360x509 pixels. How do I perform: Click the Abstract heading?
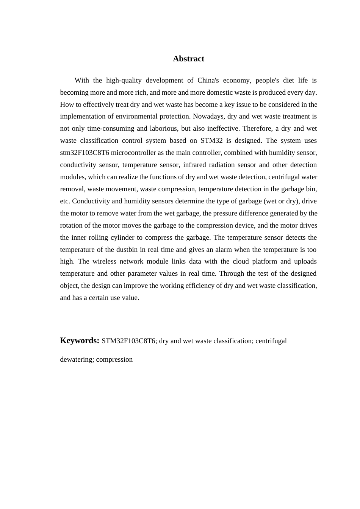pos(188,59)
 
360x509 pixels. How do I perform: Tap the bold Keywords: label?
pos(80,340)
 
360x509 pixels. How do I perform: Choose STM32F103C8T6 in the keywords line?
pos(128,341)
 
